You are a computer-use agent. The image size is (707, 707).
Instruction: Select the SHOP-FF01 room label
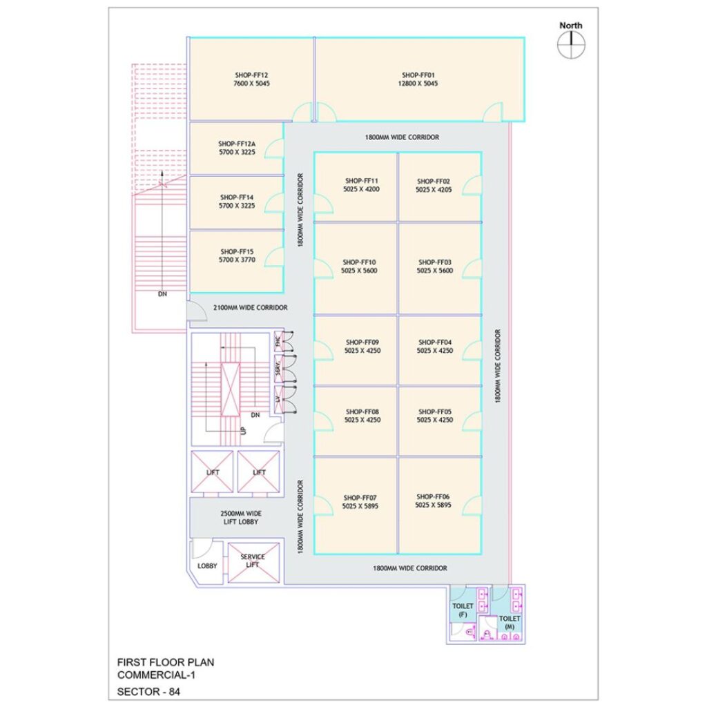coord(420,75)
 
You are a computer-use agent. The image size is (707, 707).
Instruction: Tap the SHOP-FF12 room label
coord(251,75)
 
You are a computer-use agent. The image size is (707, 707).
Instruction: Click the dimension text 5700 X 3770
coord(237,260)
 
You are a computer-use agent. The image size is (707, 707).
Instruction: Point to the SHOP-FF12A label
coord(237,144)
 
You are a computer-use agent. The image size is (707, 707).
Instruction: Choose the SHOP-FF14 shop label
coord(237,197)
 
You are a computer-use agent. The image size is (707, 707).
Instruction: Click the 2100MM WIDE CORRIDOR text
coord(250,308)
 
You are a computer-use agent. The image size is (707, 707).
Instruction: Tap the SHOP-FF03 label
coord(434,262)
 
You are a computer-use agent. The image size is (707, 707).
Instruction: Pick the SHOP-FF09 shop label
coord(362,342)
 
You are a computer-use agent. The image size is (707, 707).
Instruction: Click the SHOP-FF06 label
coord(433,496)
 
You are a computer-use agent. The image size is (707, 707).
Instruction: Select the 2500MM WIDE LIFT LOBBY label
coord(240,518)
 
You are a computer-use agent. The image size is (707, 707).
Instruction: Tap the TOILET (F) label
coord(463,610)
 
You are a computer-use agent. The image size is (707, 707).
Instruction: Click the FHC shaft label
coord(278,340)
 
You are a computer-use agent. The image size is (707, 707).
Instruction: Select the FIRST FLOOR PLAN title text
coord(165,662)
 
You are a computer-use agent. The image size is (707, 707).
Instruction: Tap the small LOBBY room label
coord(207,566)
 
